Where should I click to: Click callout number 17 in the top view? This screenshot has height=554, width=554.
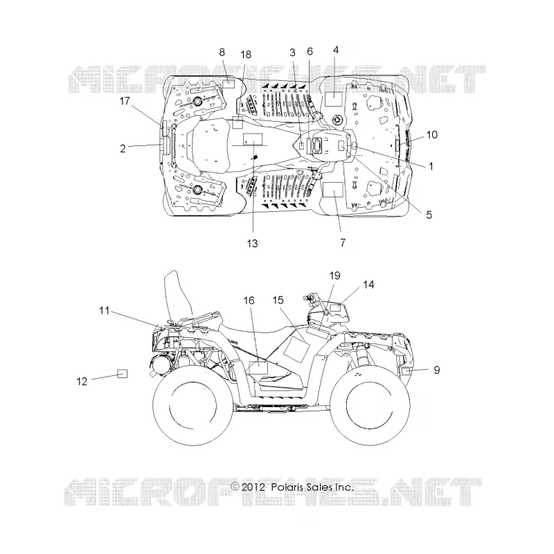[x=125, y=101]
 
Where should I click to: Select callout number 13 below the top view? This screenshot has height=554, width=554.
[x=252, y=244]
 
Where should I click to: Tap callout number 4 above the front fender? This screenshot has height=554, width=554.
[x=336, y=50]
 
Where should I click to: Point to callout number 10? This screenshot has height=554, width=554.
[x=431, y=134]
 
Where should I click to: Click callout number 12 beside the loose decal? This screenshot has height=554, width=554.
[x=82, y=382]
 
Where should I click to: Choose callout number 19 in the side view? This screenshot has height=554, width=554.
[x=334, y=276]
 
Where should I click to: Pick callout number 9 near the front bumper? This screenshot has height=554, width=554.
[x=437, y=370]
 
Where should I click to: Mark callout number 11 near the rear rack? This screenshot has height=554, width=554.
[x=105, y=310]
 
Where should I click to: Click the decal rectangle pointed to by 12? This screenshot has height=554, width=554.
[x=123, y=373]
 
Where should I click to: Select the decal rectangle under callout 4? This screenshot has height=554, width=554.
[x=333, y=99]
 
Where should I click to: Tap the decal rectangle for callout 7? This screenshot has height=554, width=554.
[x=333, y=190]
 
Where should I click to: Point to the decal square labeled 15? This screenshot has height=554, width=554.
[x=295, y=350]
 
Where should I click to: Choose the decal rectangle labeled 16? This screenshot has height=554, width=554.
[x=258, y=368]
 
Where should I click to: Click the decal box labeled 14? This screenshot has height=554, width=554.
[x=335, y=307]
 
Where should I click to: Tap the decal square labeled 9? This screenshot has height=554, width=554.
[x=406, y=371]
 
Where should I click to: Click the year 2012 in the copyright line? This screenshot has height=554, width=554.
[x=253, y=488]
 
